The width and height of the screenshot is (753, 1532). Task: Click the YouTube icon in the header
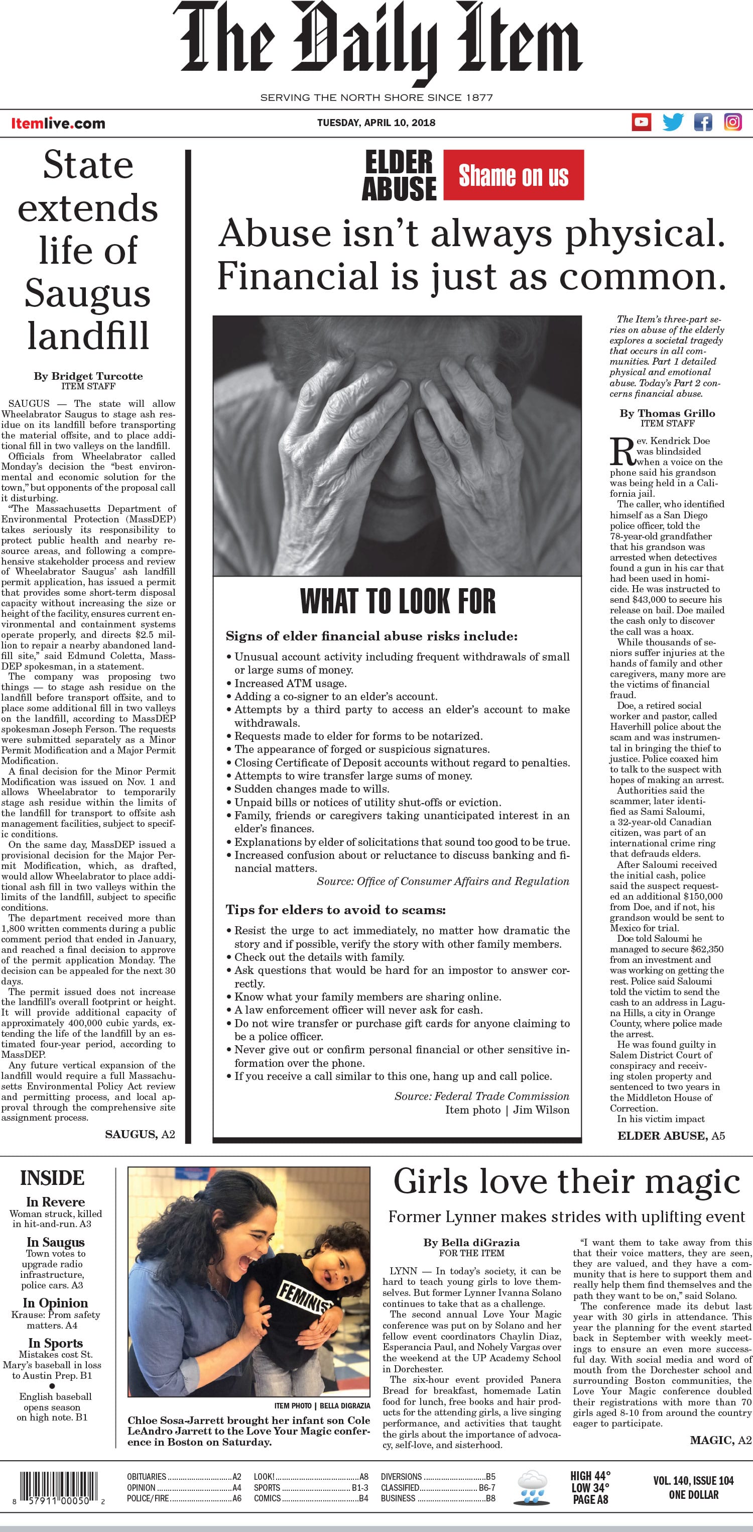tap(641, 123)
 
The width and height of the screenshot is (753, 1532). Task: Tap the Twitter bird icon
tap(673, 123)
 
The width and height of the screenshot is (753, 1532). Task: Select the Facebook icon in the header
tap(703, 123)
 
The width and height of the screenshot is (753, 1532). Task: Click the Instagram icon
tap(733, 123)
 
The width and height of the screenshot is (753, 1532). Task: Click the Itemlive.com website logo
tap(58, 124)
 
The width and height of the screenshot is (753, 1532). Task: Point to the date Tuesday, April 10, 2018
tap(376, 123)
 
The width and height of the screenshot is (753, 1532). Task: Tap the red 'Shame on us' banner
tap(514, 175)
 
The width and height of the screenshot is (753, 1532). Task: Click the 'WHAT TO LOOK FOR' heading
tap(398, 601)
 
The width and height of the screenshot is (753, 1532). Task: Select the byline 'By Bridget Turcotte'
tap(88, 376)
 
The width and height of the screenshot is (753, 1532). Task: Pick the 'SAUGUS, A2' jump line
tap(140, 1134)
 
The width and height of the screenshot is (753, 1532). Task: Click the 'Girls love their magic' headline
tap(566, 1182)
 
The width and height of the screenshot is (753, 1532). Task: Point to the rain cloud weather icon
tap(532, 1487)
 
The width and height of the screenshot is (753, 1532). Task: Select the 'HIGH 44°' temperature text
tap(590, 1476)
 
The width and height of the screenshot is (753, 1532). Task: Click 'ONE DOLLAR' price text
tap(694, 1494)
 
